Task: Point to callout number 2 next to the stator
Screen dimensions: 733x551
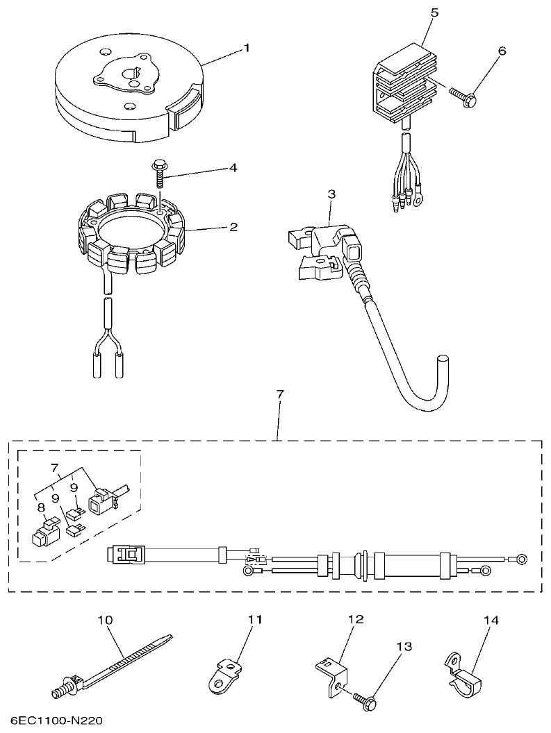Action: coord(234,226)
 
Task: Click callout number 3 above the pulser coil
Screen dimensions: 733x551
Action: coord(331,193)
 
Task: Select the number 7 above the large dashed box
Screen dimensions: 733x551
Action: coord(280,394)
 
